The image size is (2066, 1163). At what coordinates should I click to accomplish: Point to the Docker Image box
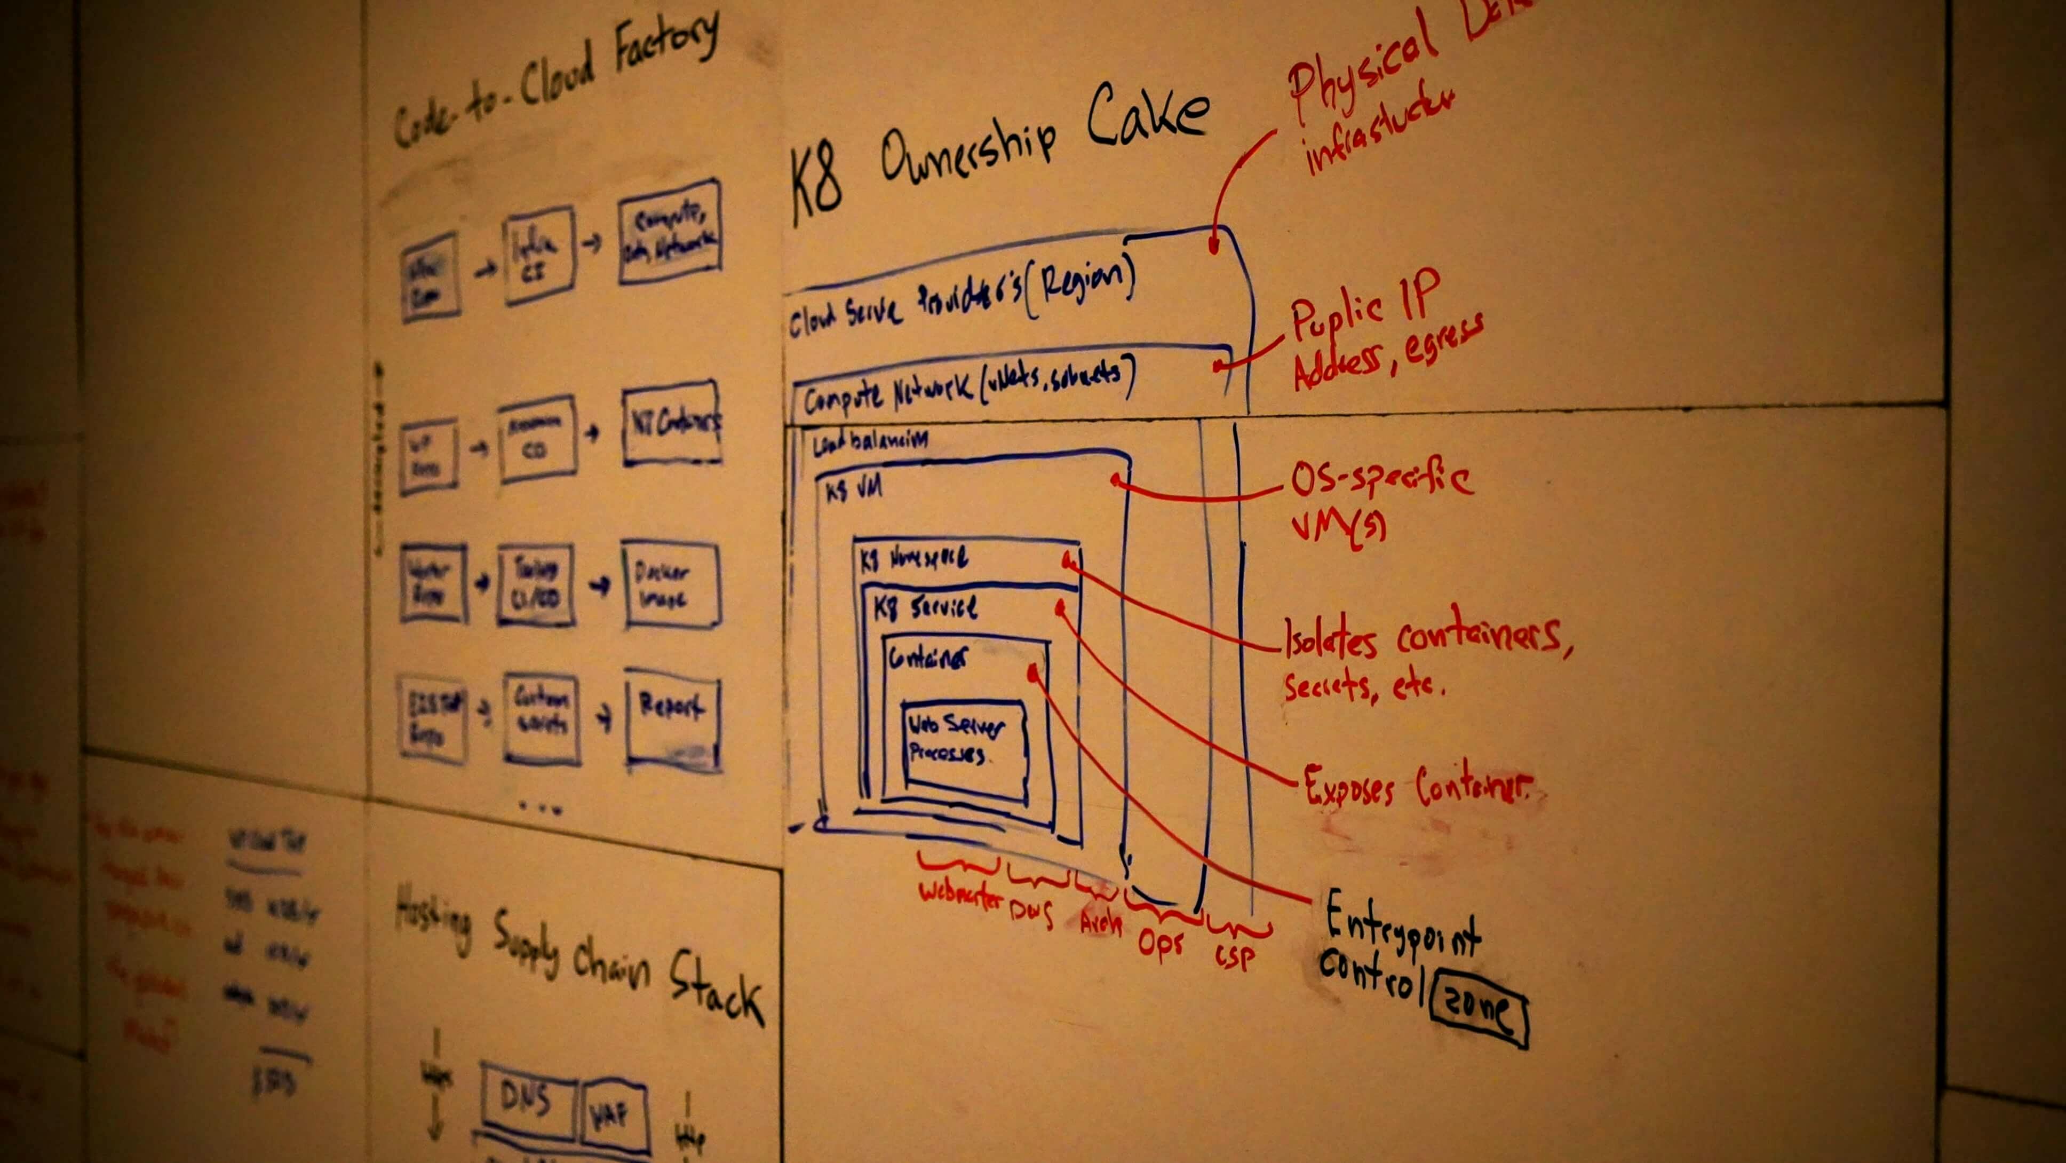671,586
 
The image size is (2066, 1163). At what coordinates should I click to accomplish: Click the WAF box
614,1115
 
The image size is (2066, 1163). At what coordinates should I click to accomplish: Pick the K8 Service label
926,608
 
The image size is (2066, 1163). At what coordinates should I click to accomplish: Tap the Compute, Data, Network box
670,231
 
